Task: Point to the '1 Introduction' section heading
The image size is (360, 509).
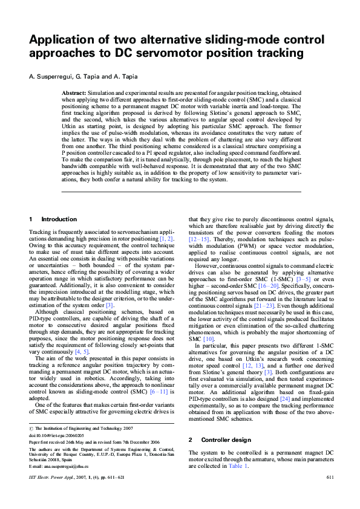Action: [53, 219]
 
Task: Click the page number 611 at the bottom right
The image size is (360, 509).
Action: [330, 478]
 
